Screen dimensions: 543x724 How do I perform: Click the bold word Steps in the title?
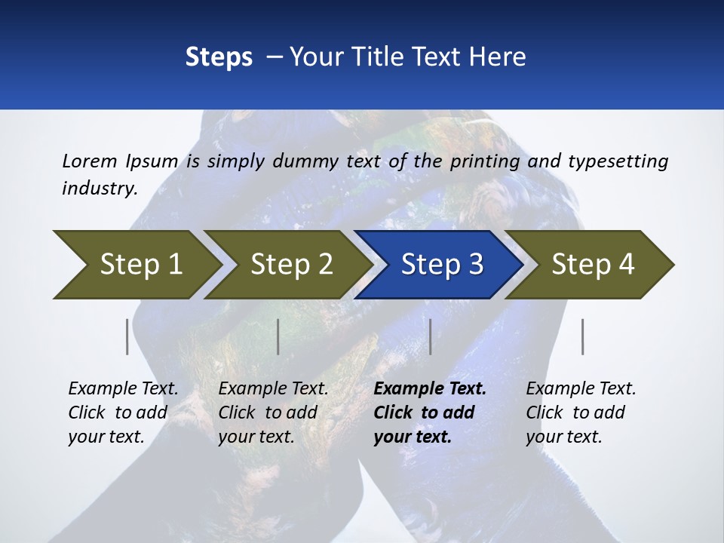click(219, 57)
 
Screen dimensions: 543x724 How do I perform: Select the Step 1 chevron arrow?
click(136, 265)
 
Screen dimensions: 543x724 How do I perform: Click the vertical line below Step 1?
click(127, 336)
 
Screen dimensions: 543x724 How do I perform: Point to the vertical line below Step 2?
click(278, 336)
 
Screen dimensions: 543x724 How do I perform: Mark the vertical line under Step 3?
click(430, 336)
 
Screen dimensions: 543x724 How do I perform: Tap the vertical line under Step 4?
click(583, 336)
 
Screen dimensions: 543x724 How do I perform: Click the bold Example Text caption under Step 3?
click(430, 413)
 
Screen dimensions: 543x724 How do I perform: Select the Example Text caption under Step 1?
click(123, 413)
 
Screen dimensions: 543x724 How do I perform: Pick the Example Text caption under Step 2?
click(273, 413)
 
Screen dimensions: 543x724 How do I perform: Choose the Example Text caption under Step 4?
click(581, 413)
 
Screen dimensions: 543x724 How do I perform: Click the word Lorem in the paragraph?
click(89, 161)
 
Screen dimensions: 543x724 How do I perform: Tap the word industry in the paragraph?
click(100, 189)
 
